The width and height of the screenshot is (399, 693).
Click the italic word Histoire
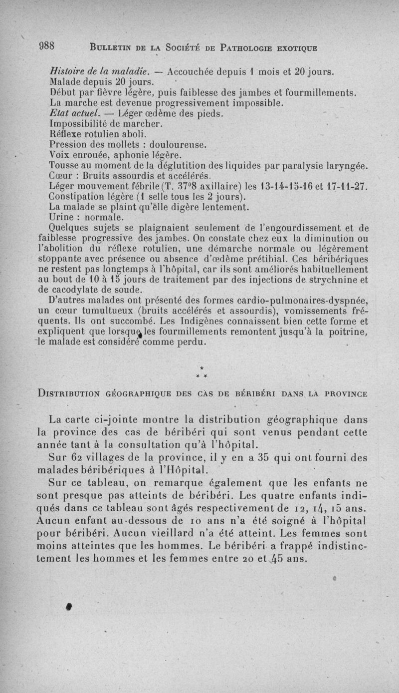(x=67, y=71)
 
